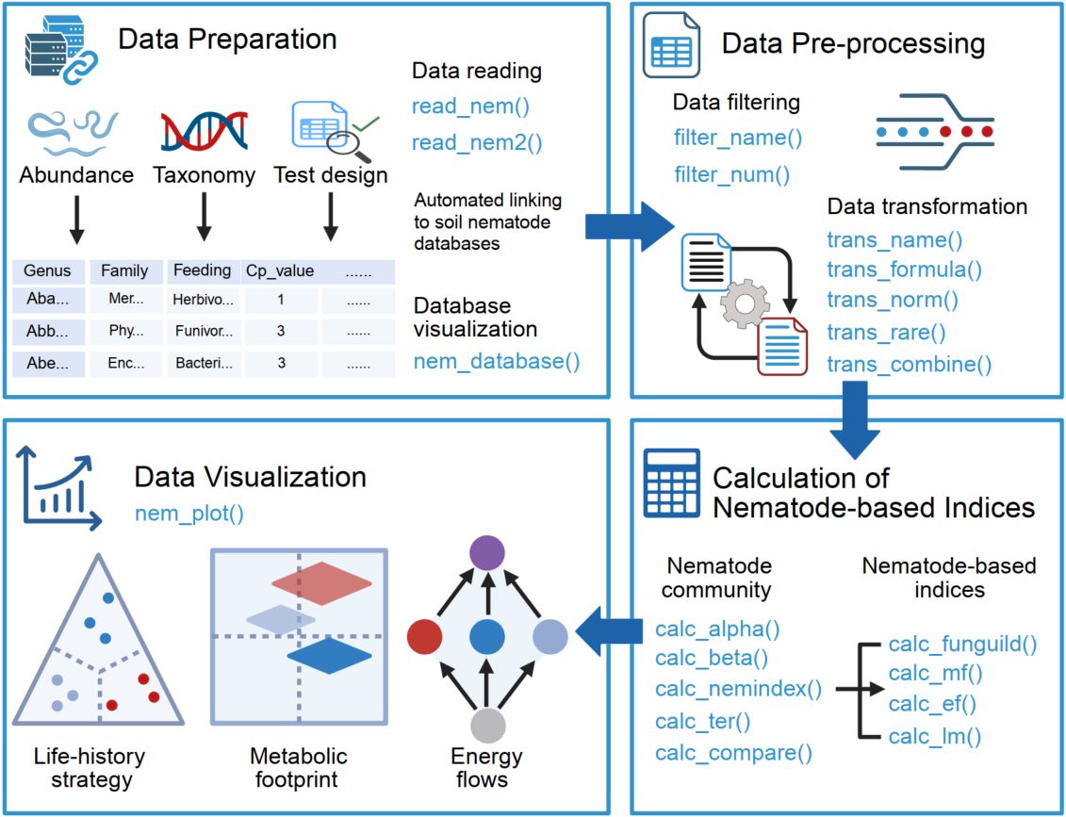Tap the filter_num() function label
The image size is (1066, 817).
[731, 174]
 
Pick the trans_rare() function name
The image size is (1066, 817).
[886, 333]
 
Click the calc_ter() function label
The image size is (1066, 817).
[702, 722]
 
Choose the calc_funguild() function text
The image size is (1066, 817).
[962, 645]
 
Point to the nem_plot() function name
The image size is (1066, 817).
[189, 514]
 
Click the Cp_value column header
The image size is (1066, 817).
[280, 270]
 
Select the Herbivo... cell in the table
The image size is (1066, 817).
[203, 300]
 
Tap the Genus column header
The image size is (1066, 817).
[47, 271]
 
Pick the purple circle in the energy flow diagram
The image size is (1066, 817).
[487, 552]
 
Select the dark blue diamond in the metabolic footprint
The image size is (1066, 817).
[330, 655]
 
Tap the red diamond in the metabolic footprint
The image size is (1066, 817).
[323, 585]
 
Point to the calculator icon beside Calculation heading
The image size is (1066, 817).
[671, 482]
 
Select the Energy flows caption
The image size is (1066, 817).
[486, 768]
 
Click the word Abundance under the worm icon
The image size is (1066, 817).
[76, 175]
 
